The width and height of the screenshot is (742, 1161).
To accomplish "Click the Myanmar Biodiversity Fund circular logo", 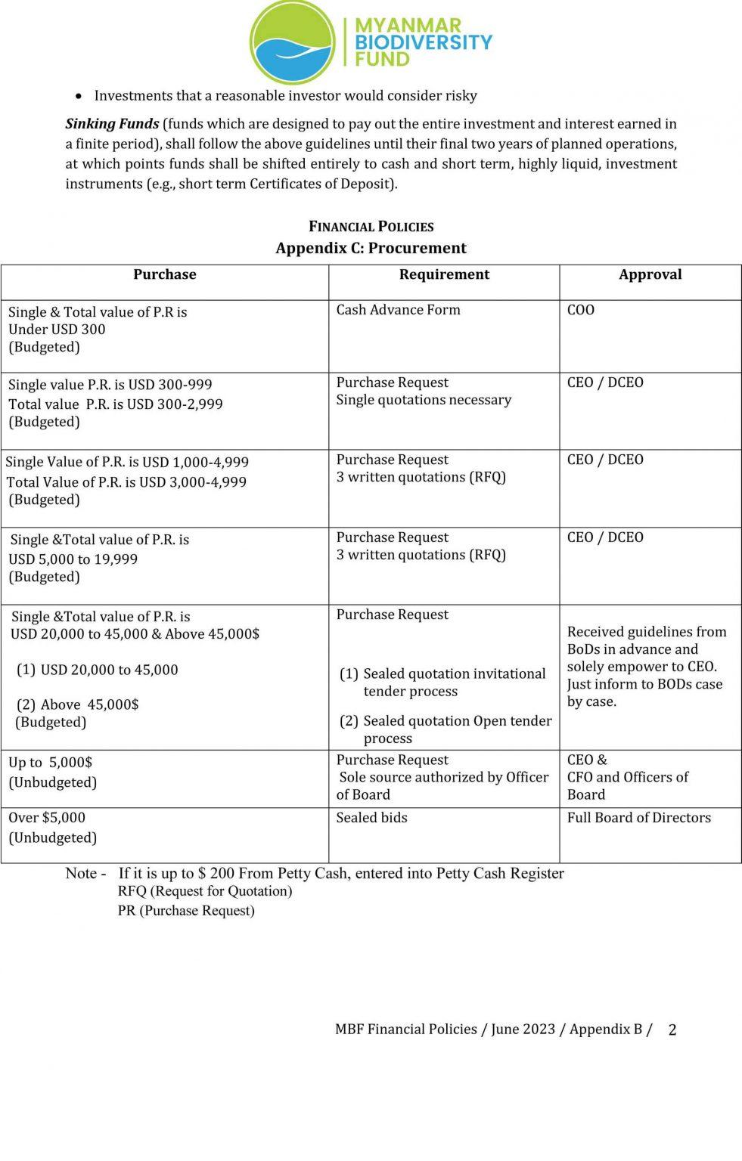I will tap(292, 41).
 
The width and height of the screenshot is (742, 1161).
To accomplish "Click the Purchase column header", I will tap(165, 274).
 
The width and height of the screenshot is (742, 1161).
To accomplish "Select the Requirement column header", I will tap(444, 274).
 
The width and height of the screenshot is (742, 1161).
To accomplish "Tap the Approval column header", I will tap(650, 274).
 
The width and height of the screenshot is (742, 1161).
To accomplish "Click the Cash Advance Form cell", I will tap(398, 310).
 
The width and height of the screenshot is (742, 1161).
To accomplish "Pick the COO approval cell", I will tap(581, 310).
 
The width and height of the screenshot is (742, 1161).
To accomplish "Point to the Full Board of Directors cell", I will tap(638, 818).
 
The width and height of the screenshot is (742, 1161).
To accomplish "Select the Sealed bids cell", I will tap(371, 818).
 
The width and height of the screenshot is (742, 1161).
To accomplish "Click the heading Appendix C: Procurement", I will tap(371, 248).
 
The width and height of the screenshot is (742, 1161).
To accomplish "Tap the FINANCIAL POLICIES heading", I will tap(371, 227).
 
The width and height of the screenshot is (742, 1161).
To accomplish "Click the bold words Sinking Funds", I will tap(112, 124).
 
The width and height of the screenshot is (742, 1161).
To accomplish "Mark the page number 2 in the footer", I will tap(672, 1029).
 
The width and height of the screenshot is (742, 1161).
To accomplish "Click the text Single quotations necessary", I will tap(424, 400).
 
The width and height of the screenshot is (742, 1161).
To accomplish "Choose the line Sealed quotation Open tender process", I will tap(456, 729).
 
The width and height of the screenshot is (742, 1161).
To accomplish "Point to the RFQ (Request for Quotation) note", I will tap(205, 891).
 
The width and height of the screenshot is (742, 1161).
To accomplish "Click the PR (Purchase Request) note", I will tap(186, 911).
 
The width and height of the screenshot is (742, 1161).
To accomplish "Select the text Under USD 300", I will tap(57, 330).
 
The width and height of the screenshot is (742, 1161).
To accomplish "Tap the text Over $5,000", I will tap(47, 818).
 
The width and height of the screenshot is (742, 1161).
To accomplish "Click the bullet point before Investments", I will tap(79, 97).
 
